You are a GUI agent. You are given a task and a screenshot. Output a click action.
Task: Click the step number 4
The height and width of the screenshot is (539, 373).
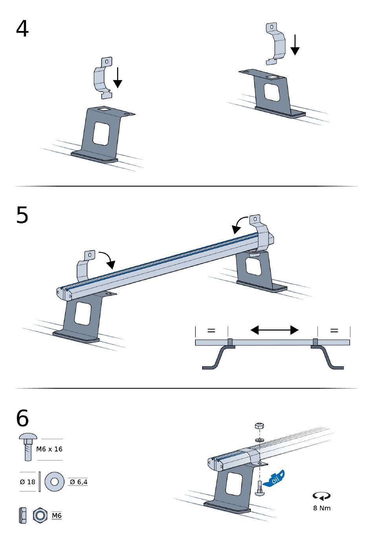pyautogui.click(x=22, y=28)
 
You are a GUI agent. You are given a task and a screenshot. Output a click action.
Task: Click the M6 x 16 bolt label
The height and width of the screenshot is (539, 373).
pyautogui.click(x=49, y=449)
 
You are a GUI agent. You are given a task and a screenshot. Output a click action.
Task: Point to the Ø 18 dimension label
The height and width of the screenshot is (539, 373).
pyautogui.click(x=27, y=482)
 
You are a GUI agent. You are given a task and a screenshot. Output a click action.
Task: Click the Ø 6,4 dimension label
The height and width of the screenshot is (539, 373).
pyautogui.click(x=79, y=482)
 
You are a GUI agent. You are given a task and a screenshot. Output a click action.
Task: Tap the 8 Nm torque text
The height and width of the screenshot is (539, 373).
pyautogui.click(x=322, y=508)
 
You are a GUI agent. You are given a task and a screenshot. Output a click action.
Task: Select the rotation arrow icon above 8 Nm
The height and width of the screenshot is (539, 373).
pyautogui.click(x=322, y=496)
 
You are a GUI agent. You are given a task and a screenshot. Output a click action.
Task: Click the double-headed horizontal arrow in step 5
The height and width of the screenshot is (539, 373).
pyautogui.click(x=274, y=330)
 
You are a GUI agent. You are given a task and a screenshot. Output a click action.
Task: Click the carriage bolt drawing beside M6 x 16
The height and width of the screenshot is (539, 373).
pyautogui.click(x=28, y=447)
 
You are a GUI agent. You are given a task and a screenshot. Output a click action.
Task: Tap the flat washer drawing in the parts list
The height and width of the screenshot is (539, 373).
pyautogui.click(x=55, y=482)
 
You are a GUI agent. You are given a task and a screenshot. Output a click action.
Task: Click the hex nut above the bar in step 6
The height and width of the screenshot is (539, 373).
pyautogui.click(x=260, y=426)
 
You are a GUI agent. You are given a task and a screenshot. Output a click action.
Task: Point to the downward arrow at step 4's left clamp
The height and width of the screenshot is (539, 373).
pyautogui.click(x=118, y=77)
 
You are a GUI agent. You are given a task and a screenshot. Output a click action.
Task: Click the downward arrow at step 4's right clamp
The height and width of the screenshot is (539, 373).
pyautogui.click(x=295, y=45)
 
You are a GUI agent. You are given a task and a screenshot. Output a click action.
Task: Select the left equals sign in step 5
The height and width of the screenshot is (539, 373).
pyautogui.click(x=211, y=331)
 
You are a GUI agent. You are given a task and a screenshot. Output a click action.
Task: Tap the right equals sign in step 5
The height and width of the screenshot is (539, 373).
pyautogui.click(x=334, y=331)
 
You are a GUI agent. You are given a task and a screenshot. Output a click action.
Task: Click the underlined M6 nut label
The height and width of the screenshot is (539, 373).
pyautogui.click(x=57, y=516)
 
